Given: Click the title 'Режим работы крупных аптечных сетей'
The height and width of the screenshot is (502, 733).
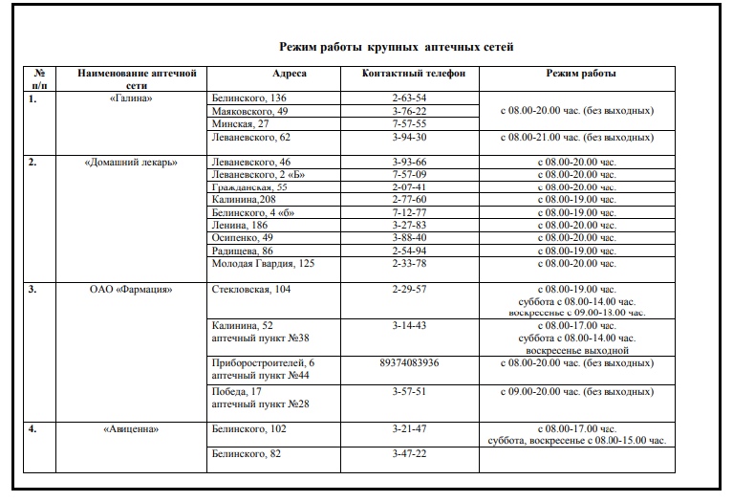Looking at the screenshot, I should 396,46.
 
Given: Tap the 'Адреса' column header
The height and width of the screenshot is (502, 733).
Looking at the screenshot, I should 289,73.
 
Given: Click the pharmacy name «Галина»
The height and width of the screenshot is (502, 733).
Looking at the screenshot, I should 130,98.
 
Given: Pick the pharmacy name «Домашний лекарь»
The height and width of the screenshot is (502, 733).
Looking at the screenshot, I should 130,162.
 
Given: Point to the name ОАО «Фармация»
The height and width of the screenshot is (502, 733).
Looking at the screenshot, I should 130,289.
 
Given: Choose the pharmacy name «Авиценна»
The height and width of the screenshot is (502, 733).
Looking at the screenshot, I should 130,429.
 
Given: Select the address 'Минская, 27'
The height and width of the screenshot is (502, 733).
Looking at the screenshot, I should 239,123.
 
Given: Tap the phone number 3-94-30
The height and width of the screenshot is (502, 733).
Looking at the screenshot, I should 408,137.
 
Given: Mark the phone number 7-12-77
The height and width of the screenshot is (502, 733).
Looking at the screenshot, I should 408,212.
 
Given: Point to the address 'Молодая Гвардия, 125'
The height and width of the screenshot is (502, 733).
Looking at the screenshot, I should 261,263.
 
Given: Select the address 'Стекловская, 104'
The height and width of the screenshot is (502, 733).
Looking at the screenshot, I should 250,289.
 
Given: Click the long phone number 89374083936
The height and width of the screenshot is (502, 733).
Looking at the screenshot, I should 409,363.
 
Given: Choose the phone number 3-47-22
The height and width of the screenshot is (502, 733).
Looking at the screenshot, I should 408,453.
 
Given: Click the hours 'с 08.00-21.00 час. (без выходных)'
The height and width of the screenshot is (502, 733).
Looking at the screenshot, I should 577,137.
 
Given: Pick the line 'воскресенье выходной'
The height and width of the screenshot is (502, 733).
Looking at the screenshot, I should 577,351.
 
